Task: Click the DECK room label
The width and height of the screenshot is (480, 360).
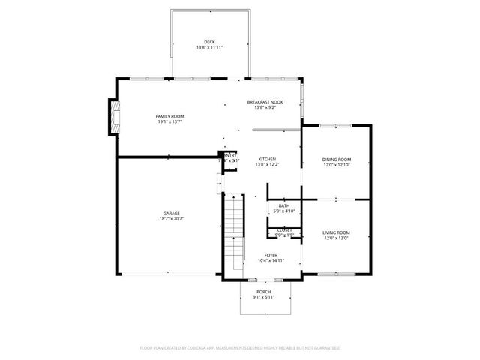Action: (209, 42)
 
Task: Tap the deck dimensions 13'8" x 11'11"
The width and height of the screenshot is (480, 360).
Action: (209, 48)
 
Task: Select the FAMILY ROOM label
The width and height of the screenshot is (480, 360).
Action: (169, 116)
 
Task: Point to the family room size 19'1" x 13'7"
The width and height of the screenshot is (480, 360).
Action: (169, 122)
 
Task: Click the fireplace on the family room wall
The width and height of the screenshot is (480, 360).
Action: (114, 118)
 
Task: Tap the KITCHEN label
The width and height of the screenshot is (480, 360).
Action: (268, 159)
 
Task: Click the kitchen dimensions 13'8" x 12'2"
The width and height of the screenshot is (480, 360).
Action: (268, 165)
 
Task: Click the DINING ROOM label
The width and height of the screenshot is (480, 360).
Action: (336, 159)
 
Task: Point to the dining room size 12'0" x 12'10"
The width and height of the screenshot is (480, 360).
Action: (336, 165)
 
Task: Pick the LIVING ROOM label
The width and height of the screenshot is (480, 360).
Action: (336, 232)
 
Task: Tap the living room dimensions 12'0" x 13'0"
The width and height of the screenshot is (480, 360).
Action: (336, 238)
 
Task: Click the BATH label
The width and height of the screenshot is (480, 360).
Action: (284, 205)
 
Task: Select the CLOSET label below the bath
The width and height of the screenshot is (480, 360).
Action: (284, 230)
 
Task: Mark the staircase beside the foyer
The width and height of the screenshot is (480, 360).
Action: (235, 232)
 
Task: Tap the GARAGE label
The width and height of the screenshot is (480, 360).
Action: (172, 213)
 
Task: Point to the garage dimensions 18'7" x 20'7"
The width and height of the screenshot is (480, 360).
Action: (172, 219)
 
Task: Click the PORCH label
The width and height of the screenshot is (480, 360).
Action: (263, 291)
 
